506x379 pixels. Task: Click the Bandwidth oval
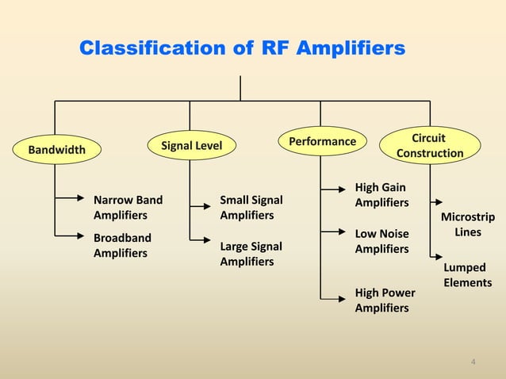pyautogui.click(x=56, y=148)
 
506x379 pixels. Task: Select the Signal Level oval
pyautogui.click(x=191, y=145)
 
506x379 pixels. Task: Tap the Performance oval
pyautogui.click(x=322, y=141)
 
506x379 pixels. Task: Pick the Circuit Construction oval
pyautogui.click(x=430, y=145)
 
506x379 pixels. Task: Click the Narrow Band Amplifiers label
pyautogui.click(x=122, y=207)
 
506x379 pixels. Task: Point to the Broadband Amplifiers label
pyautogui.click(x=122, y=245)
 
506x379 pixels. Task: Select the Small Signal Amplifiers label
pyautogui.click(x=251, y=207)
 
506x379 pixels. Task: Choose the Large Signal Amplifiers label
pyautogui.click(x=251, y=254)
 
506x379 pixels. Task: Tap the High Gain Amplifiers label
pyautogui.click(x=381, y=195)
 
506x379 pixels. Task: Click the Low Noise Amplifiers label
pyautogui.click(x=381, y=241)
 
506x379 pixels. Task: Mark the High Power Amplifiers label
pyautogui.click(x=385, y=301)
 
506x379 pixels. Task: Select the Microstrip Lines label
pyautogui.click(x=467, y=224)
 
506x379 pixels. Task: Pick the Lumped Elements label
pyautogui.click(x=467, y=275)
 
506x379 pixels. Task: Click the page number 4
pyautogui.click(x=473, y=362)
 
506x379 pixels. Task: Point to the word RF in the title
pyautogui.click(x=277, y=50)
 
